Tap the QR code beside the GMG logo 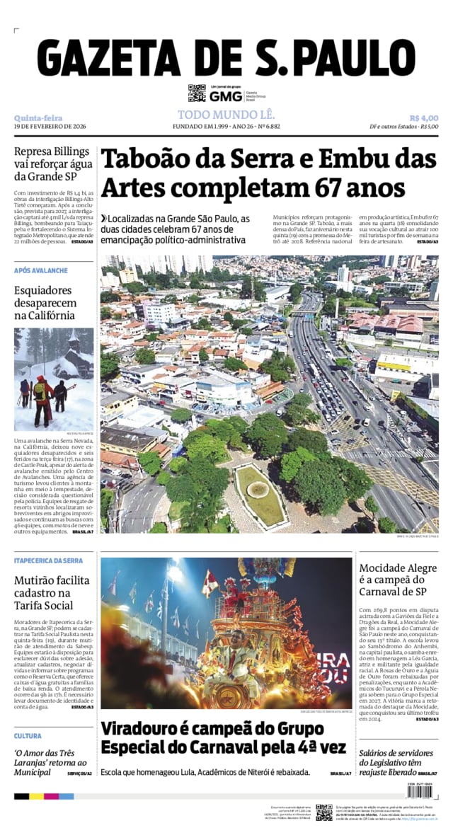(x=197, y=93)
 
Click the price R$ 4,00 (x=423, y=117)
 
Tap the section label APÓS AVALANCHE (x=41, y=270)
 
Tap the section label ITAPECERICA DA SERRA (x=48, y=560)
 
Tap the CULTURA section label (x=28, y=736)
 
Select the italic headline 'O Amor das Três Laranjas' (x=51, y=762)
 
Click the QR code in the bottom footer (x=323, y=812)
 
